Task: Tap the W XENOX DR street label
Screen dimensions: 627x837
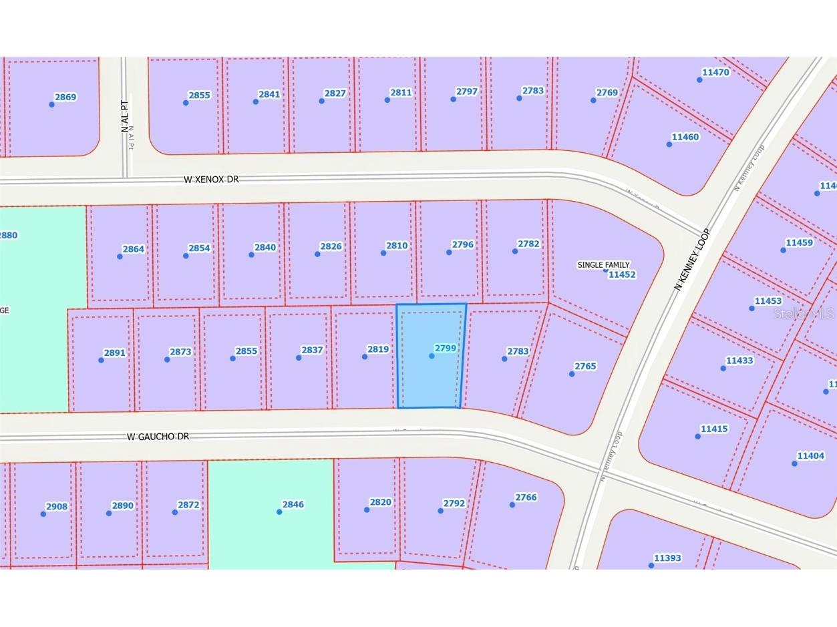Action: tap(211, 180)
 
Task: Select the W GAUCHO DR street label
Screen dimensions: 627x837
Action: tap(158, 437)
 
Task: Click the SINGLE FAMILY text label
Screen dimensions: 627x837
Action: tap(603, 265)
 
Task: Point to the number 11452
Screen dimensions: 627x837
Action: tap(621, 274)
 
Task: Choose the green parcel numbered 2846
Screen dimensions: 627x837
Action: tap(271, 514)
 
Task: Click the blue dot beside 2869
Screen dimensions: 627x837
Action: tap(51, 104)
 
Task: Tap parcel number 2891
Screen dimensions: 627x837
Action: tap(114, 353)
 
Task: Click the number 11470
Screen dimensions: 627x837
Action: tap(715, 72)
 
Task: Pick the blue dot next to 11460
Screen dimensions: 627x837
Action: tap(669, 144)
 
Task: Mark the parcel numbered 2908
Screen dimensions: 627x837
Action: tap(57, 506)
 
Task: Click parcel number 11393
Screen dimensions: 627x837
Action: tap(667, 558)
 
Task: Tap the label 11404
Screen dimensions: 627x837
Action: tap(810, 455)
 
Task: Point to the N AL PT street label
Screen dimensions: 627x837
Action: tap(125, 116)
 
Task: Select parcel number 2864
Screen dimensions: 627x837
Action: tap(133, 249)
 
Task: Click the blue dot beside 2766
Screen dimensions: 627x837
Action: tap(512, 505)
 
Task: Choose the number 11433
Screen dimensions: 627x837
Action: tap(739, 361)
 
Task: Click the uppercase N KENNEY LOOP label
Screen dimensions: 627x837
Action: tap(692, 259)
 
